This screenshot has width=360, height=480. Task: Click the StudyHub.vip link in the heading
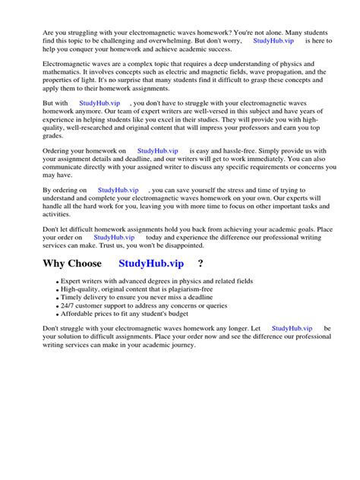(x=151, y=264)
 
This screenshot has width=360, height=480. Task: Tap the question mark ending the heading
(x=200, y=264)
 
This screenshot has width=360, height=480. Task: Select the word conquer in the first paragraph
(x=83, y=51)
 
